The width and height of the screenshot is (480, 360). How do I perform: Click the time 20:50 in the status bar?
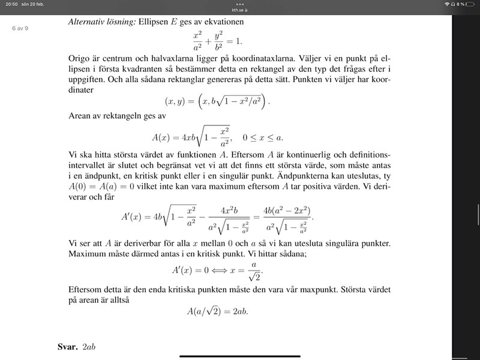tap(8, 4)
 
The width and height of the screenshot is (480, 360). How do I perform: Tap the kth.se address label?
tap(239, 10)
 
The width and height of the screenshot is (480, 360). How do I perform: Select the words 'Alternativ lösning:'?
tap(101, 22)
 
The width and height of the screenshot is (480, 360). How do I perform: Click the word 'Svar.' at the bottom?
tap(67, 347)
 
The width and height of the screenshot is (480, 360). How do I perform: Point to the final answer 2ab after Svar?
tap(89, 347)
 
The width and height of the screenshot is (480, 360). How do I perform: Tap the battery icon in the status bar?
tap(472, 4)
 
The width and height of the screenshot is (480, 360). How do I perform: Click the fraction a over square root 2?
tap(256, 270)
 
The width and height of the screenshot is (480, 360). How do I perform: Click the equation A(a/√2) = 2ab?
tap(218, 311)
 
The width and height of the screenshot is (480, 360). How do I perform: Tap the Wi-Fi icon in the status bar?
tap(447, 4)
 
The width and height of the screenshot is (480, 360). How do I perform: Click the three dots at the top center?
tap(240, 4)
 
